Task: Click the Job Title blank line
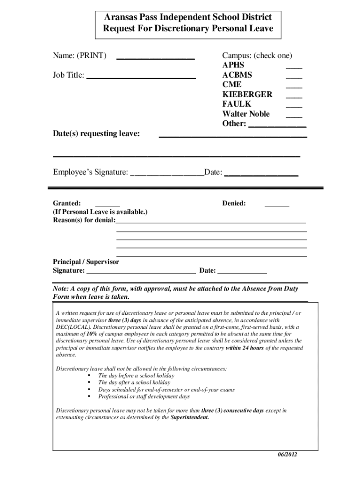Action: point(141,76)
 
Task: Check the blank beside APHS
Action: point(294,67)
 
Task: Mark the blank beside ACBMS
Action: point(294,77)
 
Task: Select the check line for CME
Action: point(294,87)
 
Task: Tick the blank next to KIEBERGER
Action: point(294,96)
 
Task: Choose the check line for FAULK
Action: point(294,106)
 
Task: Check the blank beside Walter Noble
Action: point(294,116)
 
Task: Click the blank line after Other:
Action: point(277,126)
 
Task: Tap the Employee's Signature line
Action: point(167,174)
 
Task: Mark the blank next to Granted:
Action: point(108,205)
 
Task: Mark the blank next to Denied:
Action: point(277,205)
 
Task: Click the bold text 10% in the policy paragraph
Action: point(92,334)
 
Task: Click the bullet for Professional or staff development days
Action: point(89,397)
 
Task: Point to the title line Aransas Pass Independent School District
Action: point(187,17)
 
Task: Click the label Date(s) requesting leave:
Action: point(96,134)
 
